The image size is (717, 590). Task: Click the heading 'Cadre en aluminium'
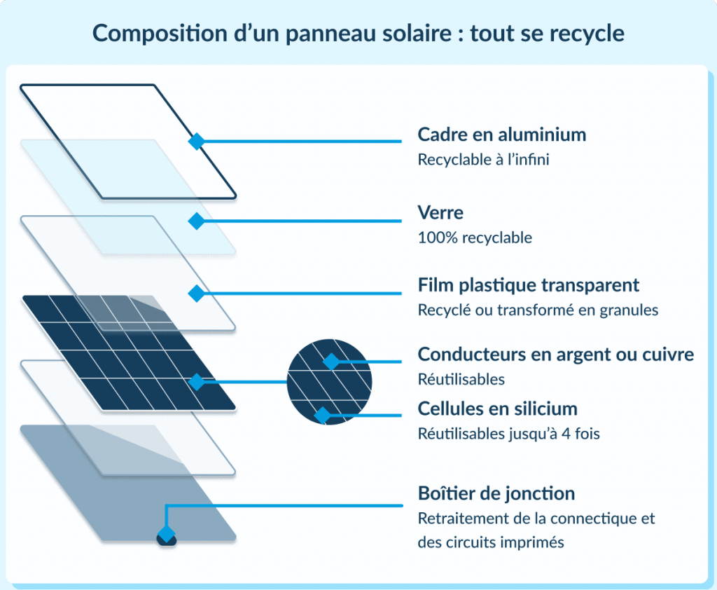coord(501,134)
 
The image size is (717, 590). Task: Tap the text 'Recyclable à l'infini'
coord(483,160)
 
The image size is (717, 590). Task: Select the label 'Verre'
coord(440,212)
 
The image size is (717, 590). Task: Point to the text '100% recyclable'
coord(475,238)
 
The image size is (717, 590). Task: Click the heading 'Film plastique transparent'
coord(528,285)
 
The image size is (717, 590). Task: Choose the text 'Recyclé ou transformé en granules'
coord(538,310)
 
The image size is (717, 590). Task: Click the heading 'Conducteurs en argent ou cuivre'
coord(555,355)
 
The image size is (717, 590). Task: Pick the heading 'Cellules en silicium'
coord(497,408)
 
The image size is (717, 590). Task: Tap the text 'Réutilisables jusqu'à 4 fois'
coord(508,434)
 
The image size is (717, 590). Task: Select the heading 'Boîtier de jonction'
coord(496,493)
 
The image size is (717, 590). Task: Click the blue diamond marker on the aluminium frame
coord(196,142)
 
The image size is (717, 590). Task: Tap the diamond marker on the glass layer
coord(196,221)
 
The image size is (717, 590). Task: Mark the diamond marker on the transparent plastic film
coord(196,294)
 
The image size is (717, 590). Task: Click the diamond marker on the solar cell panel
coord(197,382)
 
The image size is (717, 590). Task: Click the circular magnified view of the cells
coord(330,382)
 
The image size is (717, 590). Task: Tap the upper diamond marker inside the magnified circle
coord(330,362)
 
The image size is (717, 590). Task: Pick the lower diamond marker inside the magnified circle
coord(322,416)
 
